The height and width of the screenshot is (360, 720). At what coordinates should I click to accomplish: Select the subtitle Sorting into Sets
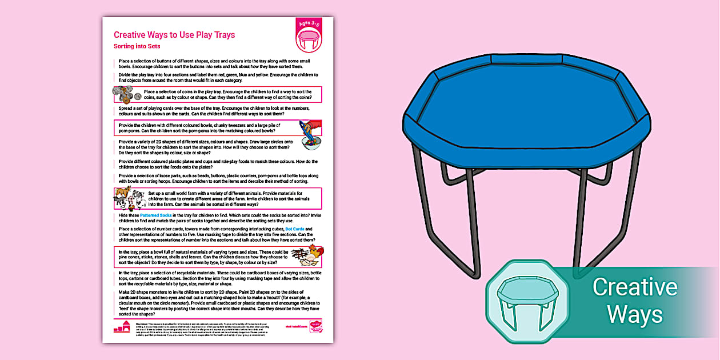pyautogui.click(x=137, y=46)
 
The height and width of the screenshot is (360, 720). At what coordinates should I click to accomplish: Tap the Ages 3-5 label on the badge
pyautogui.click(x=309, y=26)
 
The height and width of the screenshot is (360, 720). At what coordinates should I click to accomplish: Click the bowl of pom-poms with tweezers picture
pyautogui.click(x=309, y=135)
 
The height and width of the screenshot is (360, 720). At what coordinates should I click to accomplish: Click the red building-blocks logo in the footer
pyautogui.click(x=122, y=327)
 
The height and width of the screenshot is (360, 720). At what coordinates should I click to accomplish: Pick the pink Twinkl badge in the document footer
pyautogui.click(x=315, y=327)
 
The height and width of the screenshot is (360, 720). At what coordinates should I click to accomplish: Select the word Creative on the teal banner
pyautogui.click(x=634, y=287)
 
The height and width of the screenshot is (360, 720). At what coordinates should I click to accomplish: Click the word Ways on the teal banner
pyautogui.click(x=634, y=314)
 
